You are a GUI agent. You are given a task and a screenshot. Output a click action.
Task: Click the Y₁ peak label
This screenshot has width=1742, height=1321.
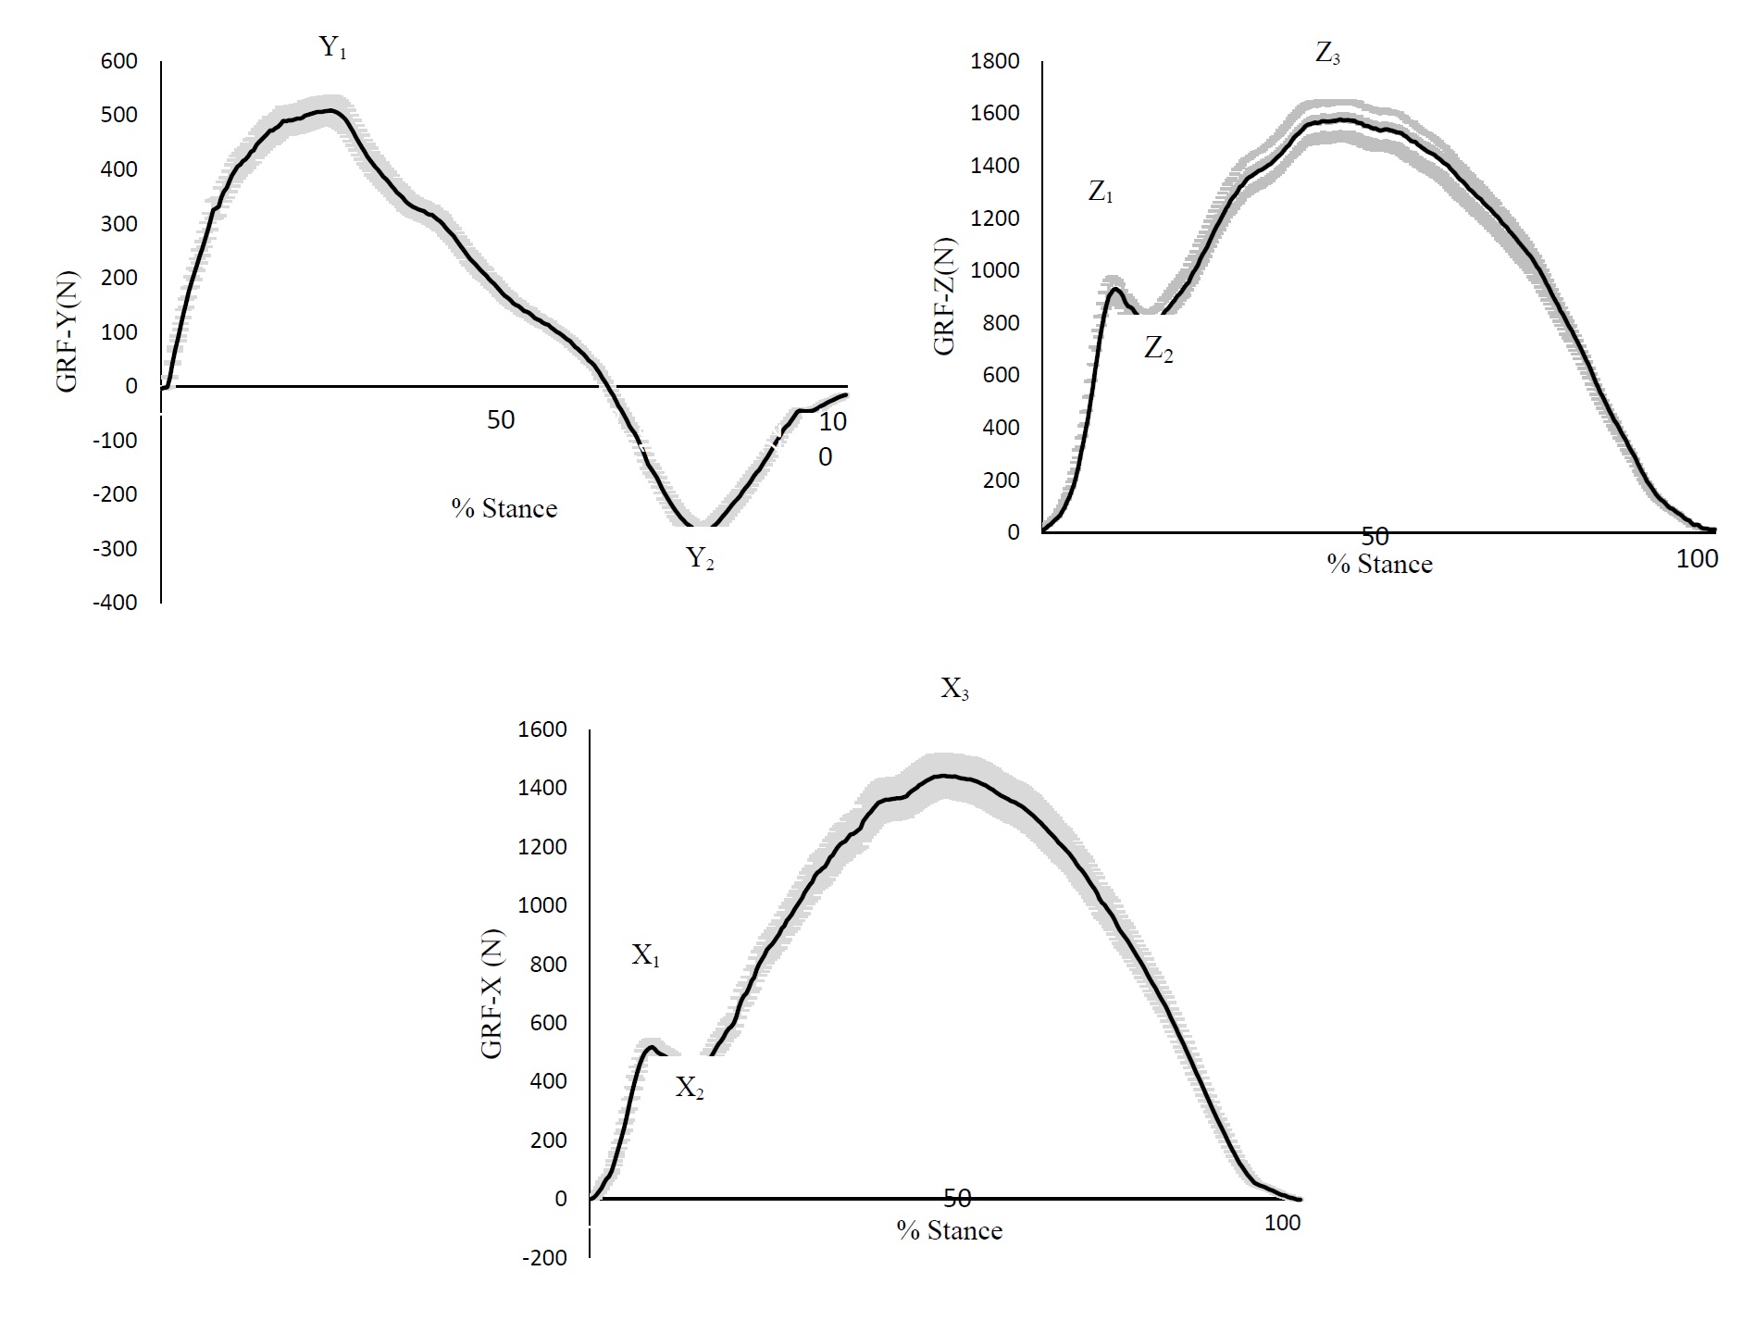pyautogui.click(x=332, y=48)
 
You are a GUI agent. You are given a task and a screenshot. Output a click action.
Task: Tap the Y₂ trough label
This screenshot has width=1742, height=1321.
pyautogui.click(x=699, y=558)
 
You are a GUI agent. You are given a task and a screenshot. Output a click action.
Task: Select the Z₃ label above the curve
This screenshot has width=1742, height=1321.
pyautogui.click(x=1326, y=54)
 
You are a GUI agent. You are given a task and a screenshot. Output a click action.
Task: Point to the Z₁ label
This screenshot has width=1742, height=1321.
pyautogui.click(x=1101, y=193)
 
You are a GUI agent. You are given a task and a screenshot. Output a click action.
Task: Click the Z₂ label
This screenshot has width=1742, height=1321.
pyautogui.click(x=1158, y=349)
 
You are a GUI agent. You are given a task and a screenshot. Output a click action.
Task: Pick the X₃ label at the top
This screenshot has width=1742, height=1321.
pyautogui.click(x=954, y=689)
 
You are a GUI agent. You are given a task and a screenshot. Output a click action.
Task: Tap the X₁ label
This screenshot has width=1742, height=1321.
pyautogui.click(x=645, y=955)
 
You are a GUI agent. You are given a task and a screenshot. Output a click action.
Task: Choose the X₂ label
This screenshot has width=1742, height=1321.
pyautogui.click(x=689, y=1088)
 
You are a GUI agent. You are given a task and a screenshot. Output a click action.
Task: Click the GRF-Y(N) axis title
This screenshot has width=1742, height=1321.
pyautogui.click(x=69, y=330)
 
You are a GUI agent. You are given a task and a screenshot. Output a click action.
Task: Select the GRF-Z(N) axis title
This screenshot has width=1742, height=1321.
pyautogui.click(x=944, y=296)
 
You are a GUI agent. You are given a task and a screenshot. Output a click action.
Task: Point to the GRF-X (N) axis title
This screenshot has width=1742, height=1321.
pyautogui.click(x=491, y=993)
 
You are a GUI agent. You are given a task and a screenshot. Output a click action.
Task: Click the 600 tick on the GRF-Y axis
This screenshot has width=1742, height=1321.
pyautogui.click(x=119, y=61)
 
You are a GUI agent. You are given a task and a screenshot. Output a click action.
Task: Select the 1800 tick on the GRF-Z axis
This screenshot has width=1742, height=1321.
pyautogui.click(x=994, y=61)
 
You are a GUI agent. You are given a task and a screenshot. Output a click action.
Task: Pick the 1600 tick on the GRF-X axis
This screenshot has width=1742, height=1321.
pyautogui.click(x=543, y=729)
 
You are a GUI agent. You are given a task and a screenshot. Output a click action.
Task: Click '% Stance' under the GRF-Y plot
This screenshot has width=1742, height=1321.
pyautogui.click(x=504, y=508)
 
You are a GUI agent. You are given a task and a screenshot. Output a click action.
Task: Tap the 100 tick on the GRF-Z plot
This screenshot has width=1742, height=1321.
pyautogui.click(x=1697, y=558)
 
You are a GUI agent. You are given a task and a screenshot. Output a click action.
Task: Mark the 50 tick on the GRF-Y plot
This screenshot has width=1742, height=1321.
pyautogui.click(x=500, y=420)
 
